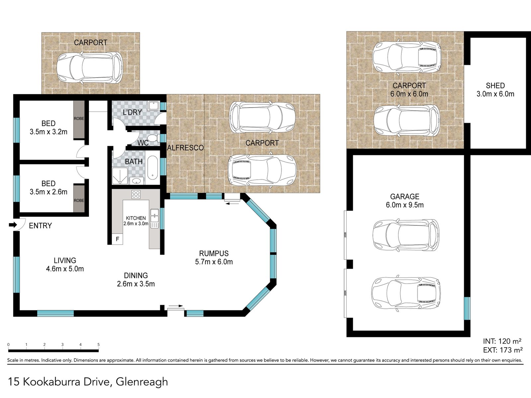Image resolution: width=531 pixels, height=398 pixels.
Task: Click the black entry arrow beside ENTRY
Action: tap(13, 225)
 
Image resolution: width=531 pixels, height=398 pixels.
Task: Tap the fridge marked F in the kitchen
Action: tap(117, 239)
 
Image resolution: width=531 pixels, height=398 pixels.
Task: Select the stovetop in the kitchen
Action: tap(136, 194)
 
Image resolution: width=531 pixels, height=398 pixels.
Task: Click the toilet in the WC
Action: tap(153, 138)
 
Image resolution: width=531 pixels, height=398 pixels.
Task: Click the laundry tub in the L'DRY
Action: tap(153, 106)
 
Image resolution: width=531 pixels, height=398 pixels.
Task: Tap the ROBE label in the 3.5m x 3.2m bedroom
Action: tap(79, 118)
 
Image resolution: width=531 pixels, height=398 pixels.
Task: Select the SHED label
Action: tap(495, 86)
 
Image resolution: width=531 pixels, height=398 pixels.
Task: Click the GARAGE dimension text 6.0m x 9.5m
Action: tap(405, 205)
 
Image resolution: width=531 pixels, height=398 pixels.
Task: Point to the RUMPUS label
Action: tap(214, 253)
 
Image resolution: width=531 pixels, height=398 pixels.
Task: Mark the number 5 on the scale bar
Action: tap(99, 345)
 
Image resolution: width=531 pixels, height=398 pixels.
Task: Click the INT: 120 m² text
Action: tap(502, 341)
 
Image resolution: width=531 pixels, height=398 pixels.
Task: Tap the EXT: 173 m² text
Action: tap(503, 350)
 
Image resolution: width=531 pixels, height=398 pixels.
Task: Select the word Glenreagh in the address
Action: tap(142, 382)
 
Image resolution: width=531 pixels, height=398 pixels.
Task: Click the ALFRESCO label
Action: tap(185, 148)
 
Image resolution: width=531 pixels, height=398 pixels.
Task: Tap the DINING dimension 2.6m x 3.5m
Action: tap(136, 284)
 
